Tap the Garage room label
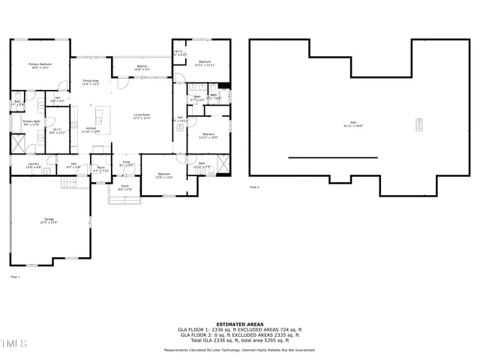coord(49,220)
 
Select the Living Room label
coord(142,116)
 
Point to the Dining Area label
coord(91,82)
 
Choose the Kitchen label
coord(89,130)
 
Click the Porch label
coord(124,187)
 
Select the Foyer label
coord(127,163)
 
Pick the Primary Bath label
coord(31,123)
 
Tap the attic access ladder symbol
coord(419,124)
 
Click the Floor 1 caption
coord(15,277)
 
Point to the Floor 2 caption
coord(254,187)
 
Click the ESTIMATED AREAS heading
coord(240,324)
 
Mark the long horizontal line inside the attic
coord(323,157)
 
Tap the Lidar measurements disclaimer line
coord(240,350)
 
